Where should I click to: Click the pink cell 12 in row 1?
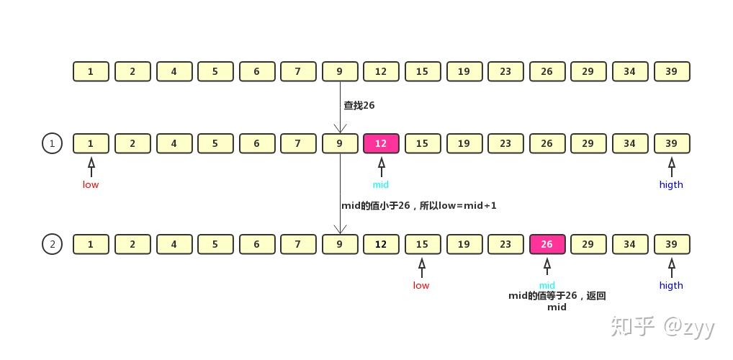pos(381,143)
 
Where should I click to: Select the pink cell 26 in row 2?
pos(547,244)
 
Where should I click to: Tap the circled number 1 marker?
pos(52,143)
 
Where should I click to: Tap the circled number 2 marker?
pos(52,244)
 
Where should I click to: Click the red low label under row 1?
pos(91,184)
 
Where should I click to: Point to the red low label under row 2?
pos(421,285)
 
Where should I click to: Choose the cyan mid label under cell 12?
pos(381,184)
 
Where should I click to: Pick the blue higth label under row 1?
pos(671,184)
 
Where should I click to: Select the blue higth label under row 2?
pos(671,285)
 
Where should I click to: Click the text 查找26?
pos(359,105)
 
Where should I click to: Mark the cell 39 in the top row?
pos(672,71)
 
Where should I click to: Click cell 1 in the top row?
pos(91,71)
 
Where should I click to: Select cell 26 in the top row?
pos(547,71)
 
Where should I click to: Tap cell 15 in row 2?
pos(422,244)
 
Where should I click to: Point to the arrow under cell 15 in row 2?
pos(422,268)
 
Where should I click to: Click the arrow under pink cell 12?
pos(381,167)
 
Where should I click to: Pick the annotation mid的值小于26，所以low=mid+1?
pos(418,205)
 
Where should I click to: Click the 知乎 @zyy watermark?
pos(662,327)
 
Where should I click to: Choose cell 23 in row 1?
pos(505,143)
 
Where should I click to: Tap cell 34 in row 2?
pos(630,244)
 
